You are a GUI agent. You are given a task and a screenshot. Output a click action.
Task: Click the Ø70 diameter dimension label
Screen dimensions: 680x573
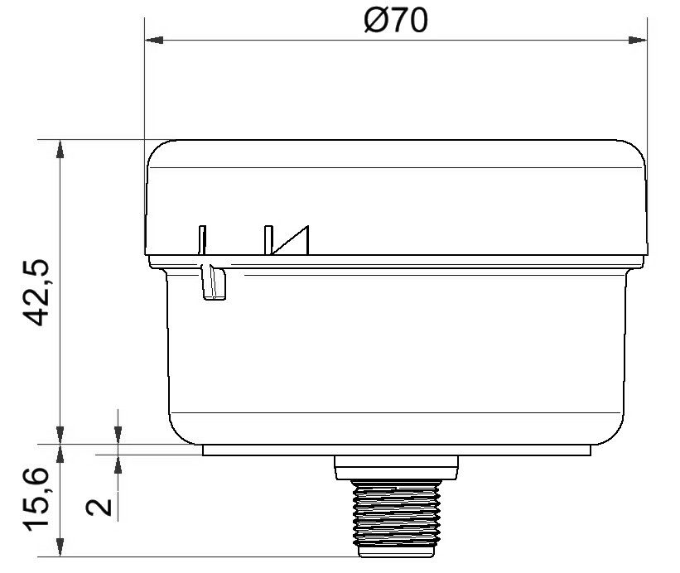[396, 21]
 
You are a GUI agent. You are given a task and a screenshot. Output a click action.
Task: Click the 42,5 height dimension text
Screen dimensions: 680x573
[36, 292]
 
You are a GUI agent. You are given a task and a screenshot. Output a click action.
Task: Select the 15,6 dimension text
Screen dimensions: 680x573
[36, 498]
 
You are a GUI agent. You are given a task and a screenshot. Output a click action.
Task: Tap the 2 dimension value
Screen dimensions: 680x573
[99, 507]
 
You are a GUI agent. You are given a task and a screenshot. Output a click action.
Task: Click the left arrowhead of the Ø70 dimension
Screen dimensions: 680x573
[153, 40]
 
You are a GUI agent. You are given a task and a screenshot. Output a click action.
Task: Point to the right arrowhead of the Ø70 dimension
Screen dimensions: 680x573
[638, 40]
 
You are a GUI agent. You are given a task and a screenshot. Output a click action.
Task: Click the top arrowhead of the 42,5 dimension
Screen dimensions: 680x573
[60, 149]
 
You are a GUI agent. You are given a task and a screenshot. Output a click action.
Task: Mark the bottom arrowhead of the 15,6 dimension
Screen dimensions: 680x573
[60, 547]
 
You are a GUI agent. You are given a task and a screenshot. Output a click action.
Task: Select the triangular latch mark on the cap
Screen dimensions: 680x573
[291, 241]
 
